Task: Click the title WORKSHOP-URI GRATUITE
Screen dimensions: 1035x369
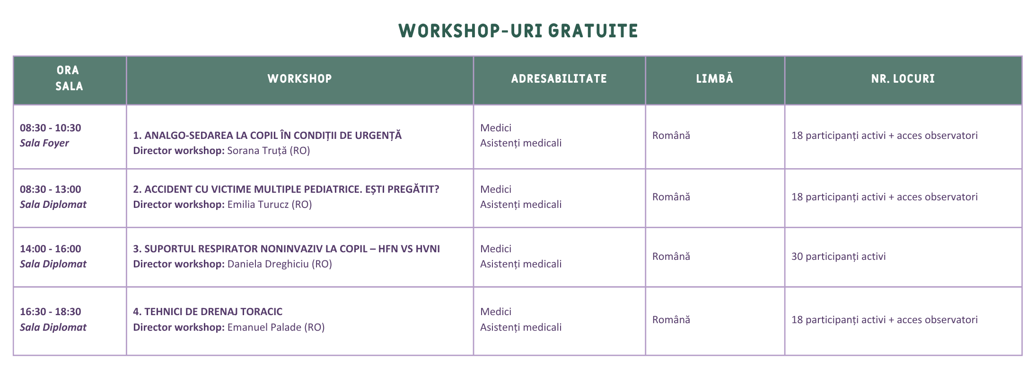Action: coord(518,31)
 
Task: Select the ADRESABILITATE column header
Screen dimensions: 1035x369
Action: coord(559,78)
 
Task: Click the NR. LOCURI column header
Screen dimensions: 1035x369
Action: coord(903,78)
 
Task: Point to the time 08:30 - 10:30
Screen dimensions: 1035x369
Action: coord(51,128)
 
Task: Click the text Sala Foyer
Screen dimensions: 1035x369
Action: coord(44,143)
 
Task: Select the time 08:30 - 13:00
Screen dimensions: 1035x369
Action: coord(51,189)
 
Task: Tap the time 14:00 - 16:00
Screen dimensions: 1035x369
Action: coord(51,249)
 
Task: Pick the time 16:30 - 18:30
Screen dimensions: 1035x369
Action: coord(51,311)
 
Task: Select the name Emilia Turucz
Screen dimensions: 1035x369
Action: coord(258,205)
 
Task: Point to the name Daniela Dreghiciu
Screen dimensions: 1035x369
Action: coord(268,264)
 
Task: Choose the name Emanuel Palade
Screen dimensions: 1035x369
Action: coord(264,327)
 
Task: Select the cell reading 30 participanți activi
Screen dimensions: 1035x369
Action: coord(839,257)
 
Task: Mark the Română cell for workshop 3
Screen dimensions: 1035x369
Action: coord(671,257)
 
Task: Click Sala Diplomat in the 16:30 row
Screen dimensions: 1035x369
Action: coord(53,327)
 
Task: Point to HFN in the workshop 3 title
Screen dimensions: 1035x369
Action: coord(388,249)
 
